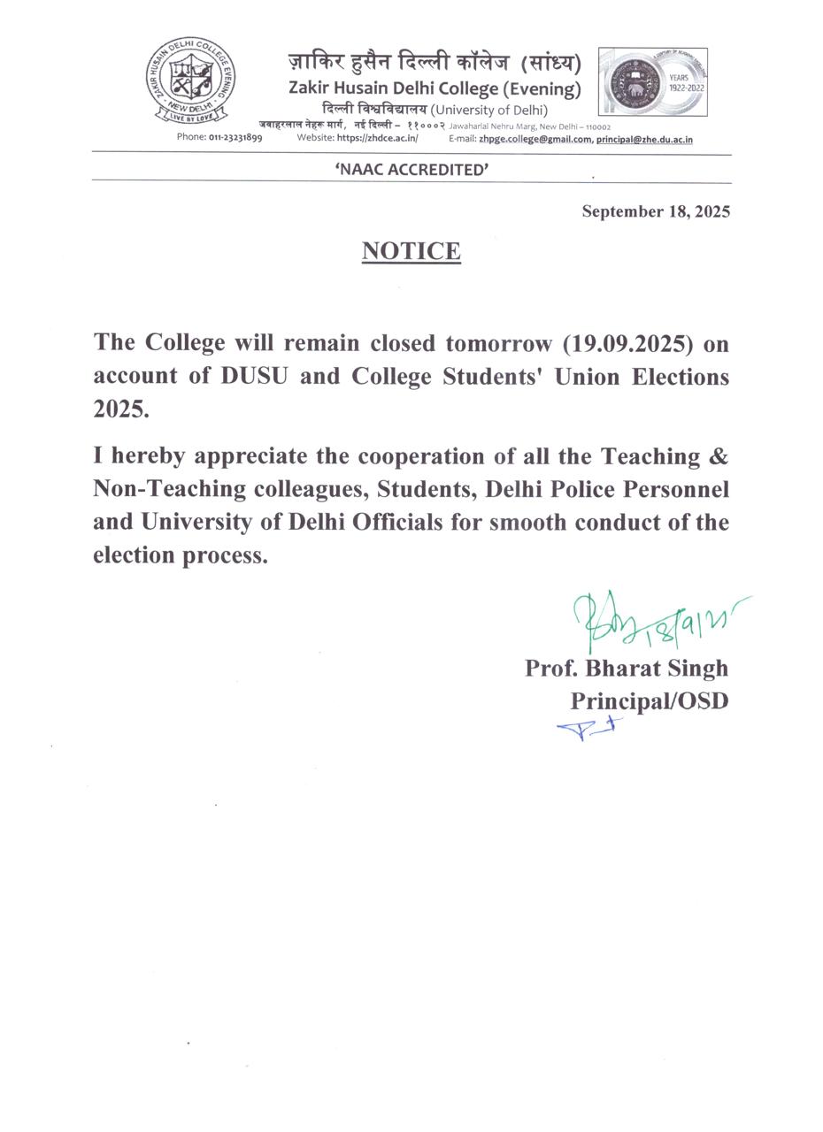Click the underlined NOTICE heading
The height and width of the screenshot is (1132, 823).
pyautogui.click(x=411, y=251)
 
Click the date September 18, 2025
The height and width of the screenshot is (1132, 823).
pyautogui.click(x=655, y=211)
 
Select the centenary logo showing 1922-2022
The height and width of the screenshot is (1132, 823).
pyautogui.click(x=652, y=82)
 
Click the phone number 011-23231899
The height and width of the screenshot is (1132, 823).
pyautogui.click(x=235, y=138)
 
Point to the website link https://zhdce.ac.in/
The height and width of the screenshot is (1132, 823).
pyautogui.click(x=377, y=138)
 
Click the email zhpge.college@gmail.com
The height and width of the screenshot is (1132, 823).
pyautogui.click(x=535, y=139)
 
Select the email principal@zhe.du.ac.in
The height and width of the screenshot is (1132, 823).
pyautogui.click(x=644, y=139)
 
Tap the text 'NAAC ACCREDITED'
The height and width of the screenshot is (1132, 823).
pyautogui.click(x=411, y=170)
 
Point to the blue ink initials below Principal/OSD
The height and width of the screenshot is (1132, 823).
pyautogui.click(x=588, y=728)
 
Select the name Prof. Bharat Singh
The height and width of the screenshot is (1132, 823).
pyautogui.click(x=627, y=668)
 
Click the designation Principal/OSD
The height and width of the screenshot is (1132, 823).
pyautogui.click(x=649, y=700)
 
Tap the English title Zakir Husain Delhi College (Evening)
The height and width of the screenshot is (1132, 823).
pyautogui.click(x=435, y=88)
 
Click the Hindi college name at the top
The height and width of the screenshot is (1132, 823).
pyautogui.click(x=435, y=63)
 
